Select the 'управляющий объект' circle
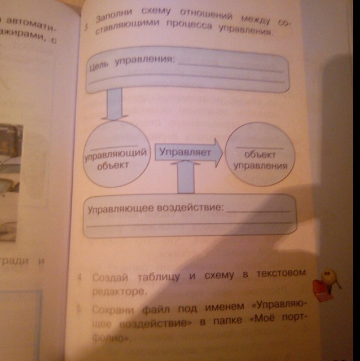tap(116, 156)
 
